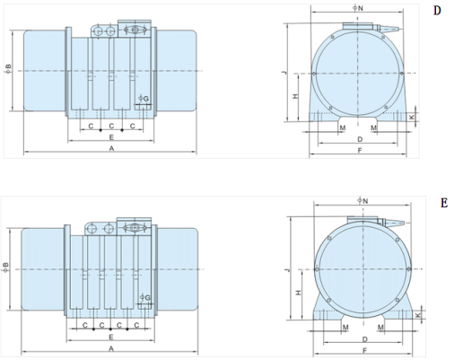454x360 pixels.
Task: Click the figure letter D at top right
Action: click(437, 11)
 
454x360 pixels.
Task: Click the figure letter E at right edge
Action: click(444, 203)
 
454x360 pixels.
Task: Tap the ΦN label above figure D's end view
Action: click(358, 8)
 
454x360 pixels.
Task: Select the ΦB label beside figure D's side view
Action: click(8, 68)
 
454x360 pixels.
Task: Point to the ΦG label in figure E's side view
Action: click(145, 297)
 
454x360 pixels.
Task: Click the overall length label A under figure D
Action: click(111, 148)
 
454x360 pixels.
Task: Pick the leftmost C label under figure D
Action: click(91, 127)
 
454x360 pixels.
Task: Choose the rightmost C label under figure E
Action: click(136, 325)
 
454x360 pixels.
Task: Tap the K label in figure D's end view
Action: click(412, 118)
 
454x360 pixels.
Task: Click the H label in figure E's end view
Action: click(298, 293)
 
